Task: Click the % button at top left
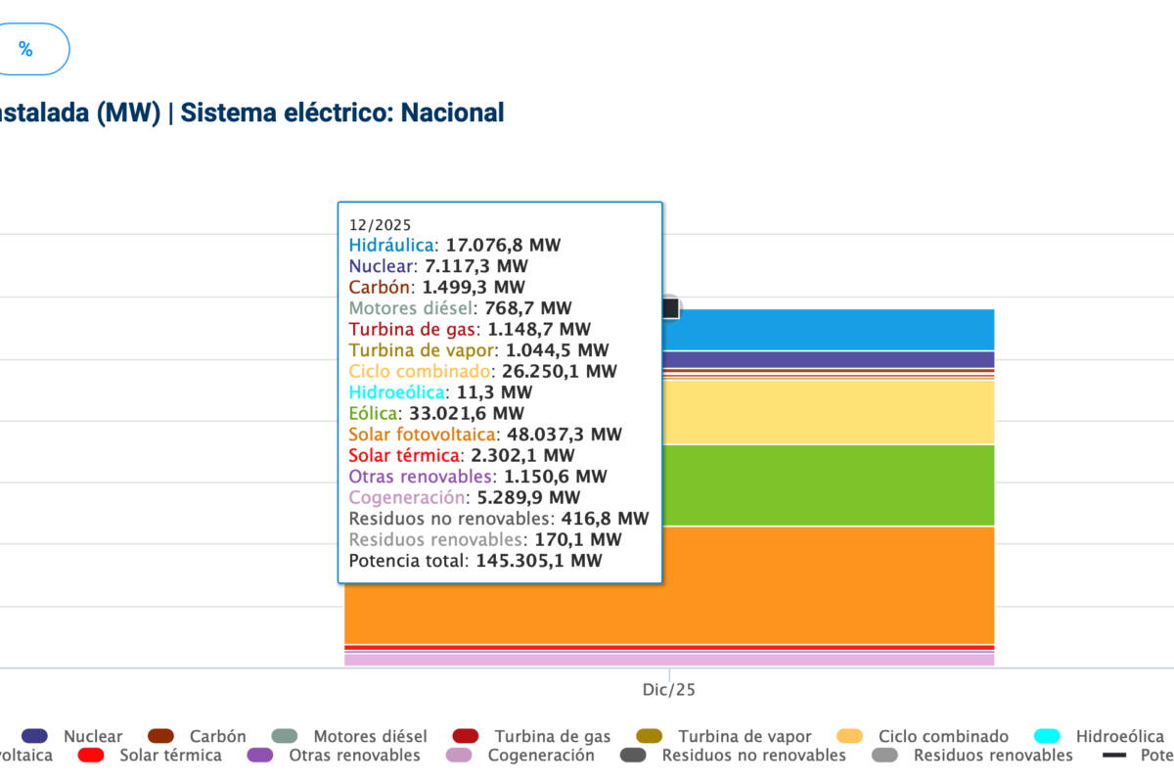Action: click(x=26, y=50)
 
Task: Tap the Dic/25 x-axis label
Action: click(x=669, y=690)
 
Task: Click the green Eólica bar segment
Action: click(x=832, y=484)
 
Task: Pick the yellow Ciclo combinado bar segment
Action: click(x=832, y=412)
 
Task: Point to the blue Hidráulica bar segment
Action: click(x=832, y=329)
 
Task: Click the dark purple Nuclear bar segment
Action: click(x=832, y=359)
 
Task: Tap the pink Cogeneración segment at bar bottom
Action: click(x=832, y=660)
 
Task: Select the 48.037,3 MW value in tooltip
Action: click(x=564, y=434)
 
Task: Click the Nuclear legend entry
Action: click(x=93, y=736)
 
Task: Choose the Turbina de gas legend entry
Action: click(x=552, y=736)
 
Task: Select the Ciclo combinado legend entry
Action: click(x=943, y=736)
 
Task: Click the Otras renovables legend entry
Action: click(x=354, y=756)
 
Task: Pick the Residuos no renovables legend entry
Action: click(x=753, y=756)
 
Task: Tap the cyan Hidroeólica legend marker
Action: click(x=1048, y=736)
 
